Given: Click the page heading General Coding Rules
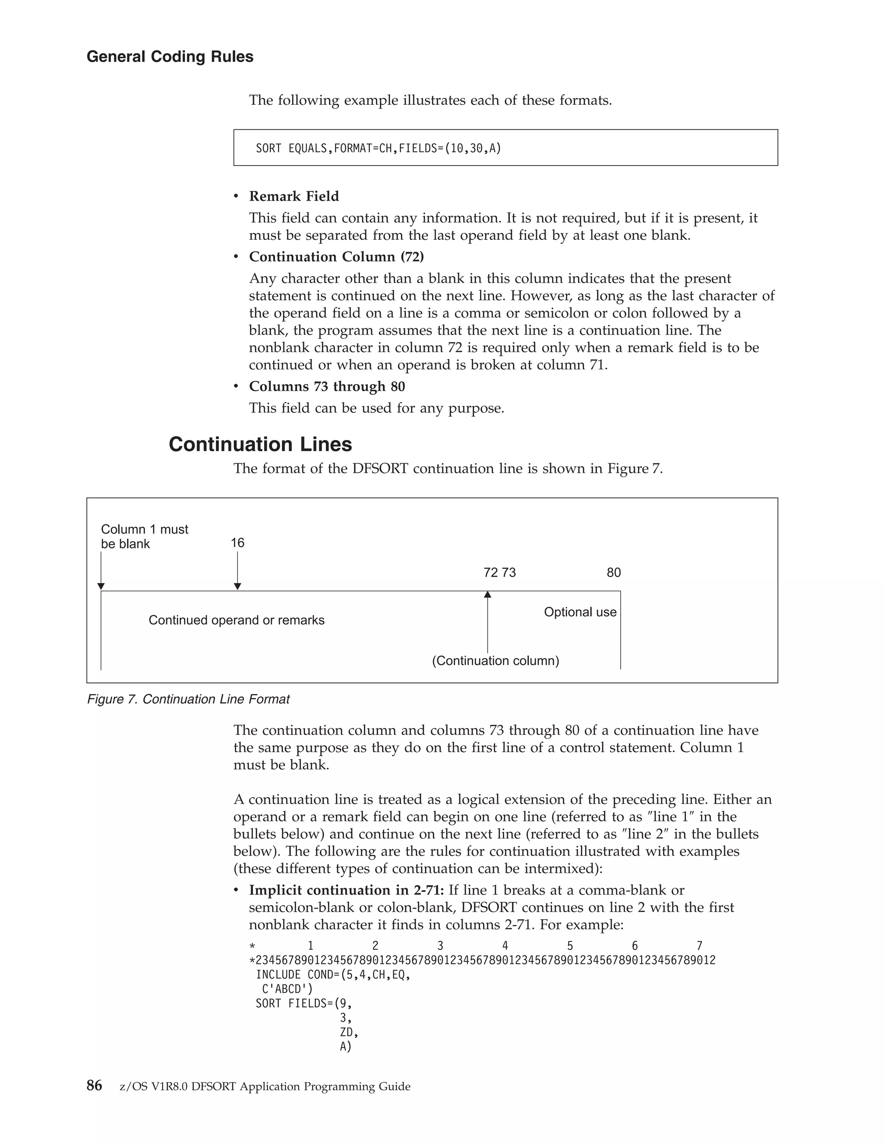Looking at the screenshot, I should [170, 57].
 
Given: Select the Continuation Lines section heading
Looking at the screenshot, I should [260, 444].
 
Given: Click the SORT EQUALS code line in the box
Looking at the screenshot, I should [378, 148].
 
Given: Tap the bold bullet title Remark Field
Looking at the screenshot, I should [294, 196].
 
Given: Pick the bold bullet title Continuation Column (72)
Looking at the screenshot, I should [336, 257].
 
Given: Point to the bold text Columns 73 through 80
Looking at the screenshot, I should [327, 386].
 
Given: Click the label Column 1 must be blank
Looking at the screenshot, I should [144, 537].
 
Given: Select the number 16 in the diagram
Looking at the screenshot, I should [237, 543].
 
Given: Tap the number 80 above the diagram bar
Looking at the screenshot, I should [613, 572].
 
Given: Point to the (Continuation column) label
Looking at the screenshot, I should [496, 660].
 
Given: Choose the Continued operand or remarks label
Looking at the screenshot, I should [236, 620].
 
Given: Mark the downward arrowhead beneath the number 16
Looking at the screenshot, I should [237, 587].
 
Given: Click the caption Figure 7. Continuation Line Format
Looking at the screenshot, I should [188, 699].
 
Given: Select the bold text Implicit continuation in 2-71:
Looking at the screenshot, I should [346, 890].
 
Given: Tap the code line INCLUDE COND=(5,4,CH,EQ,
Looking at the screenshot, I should [332, 974].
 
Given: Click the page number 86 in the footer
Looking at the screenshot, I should [94, 1086].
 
